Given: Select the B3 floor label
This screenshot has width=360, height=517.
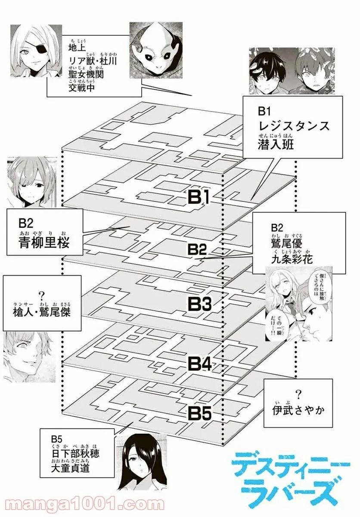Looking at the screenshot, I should pos(199,305).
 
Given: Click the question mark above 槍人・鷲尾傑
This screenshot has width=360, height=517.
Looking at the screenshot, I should pos(42,296).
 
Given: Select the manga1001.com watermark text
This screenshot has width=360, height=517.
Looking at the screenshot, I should pos(86,504).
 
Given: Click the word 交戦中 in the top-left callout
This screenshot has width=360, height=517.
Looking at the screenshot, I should pos(81,88).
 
